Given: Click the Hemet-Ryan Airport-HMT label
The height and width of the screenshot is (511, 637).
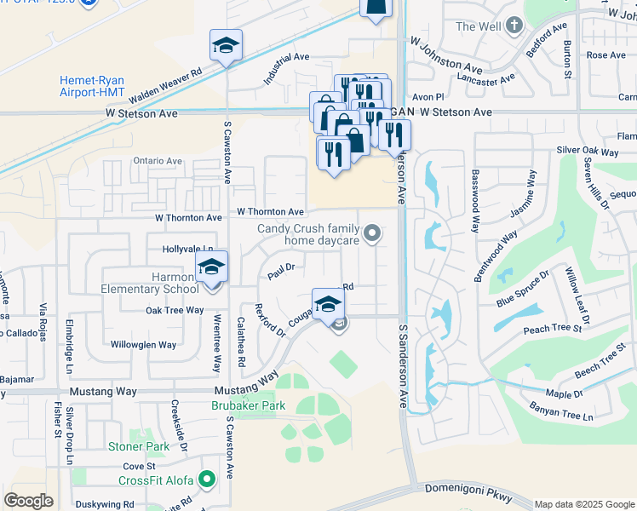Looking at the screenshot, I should (x=92, y=86).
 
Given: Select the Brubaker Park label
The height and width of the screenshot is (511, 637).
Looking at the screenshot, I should (x=249, y=406).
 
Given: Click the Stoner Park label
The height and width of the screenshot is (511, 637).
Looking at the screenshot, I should (x=139, y=446).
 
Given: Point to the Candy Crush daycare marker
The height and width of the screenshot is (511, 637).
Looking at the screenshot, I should (x=371, y=233).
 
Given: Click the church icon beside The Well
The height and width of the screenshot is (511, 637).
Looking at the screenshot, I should (x=513, y=26).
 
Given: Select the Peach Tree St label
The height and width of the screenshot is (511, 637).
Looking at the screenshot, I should (x=553, y=328).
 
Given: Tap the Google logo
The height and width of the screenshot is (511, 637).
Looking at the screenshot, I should (x=28, y=501).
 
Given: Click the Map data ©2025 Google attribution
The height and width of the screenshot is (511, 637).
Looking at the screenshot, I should (x=583, y=504).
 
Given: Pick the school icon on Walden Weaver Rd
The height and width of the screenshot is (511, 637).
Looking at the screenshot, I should (x=226, y=46).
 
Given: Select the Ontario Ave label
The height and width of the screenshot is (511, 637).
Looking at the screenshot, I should (x=158, y=161).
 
